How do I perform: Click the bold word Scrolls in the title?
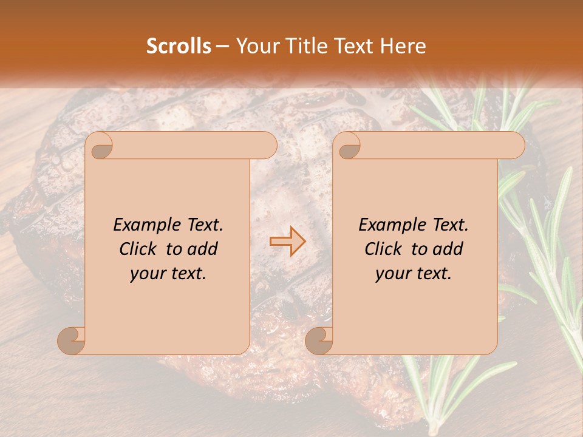tap(179, 46)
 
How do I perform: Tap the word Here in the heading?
tap(403, 46)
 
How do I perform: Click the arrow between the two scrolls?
tap(287, 241)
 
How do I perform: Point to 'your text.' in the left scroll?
tap(168, 273)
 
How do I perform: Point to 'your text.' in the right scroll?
tap(414, 273)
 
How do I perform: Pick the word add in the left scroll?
tap(203, 249)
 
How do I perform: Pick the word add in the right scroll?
tap(448, 249)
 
